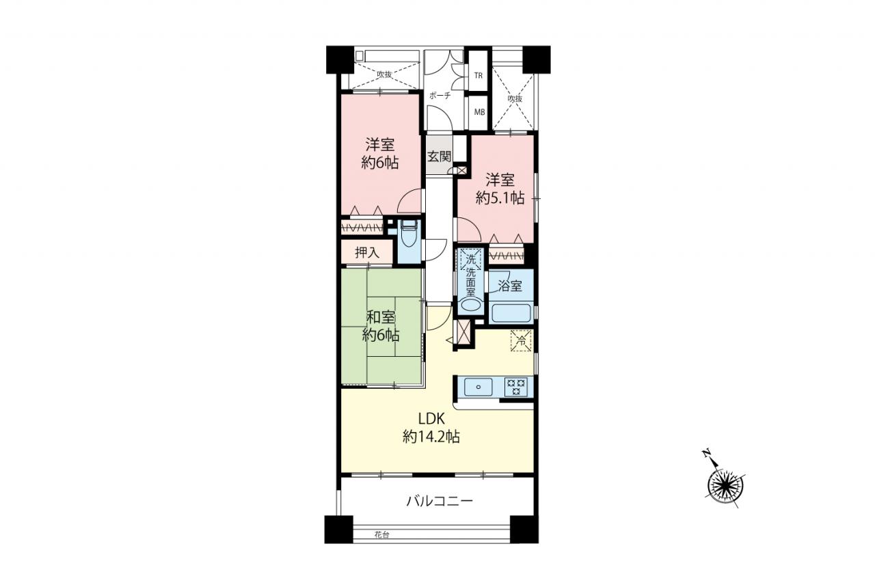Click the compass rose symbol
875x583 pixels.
coord(725,486)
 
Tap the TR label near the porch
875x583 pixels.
coord(478,76)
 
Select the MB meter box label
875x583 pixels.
coord(479,112)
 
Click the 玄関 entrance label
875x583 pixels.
coord(440,157)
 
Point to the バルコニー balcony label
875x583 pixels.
coord(440,500)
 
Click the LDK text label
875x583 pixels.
coord(431,419)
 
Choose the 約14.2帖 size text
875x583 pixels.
coord(431,437)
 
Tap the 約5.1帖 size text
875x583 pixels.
coord(500,198)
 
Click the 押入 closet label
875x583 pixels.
coord(367,253)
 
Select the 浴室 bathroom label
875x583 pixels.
coord(510,286)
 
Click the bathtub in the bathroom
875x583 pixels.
coord(511,313)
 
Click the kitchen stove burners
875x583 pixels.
coord(515,387)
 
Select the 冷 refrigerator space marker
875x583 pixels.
coord(521,340)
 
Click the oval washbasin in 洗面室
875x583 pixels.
coord(471,306)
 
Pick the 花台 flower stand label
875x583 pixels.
coord(381,534)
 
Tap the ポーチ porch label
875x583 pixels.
coord(440,95)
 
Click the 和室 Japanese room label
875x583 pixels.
coord(381,317)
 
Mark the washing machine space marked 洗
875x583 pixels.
coord(471,259)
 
